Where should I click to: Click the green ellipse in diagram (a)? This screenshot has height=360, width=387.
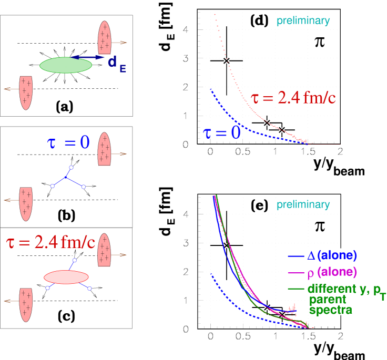click(x=66, y=65)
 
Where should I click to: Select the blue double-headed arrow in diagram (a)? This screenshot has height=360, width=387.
click(x=88, y=57)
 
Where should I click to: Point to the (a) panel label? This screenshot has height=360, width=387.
click(x=65, y=107)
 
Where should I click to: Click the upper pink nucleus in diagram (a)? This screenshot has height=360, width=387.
click(x=105, y=38)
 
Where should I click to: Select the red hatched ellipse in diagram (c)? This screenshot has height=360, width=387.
click(x=66, y=277)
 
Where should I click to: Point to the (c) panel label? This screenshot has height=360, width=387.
click(x=66, y=318)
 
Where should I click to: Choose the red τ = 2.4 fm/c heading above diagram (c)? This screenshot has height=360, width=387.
click(x=50, y=242)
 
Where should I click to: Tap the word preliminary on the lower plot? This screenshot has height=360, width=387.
click(x=303, y=205)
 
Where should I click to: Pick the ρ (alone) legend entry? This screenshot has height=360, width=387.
click(x=322, y=272)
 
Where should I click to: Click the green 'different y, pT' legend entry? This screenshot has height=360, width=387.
click(x=337, y=289)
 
